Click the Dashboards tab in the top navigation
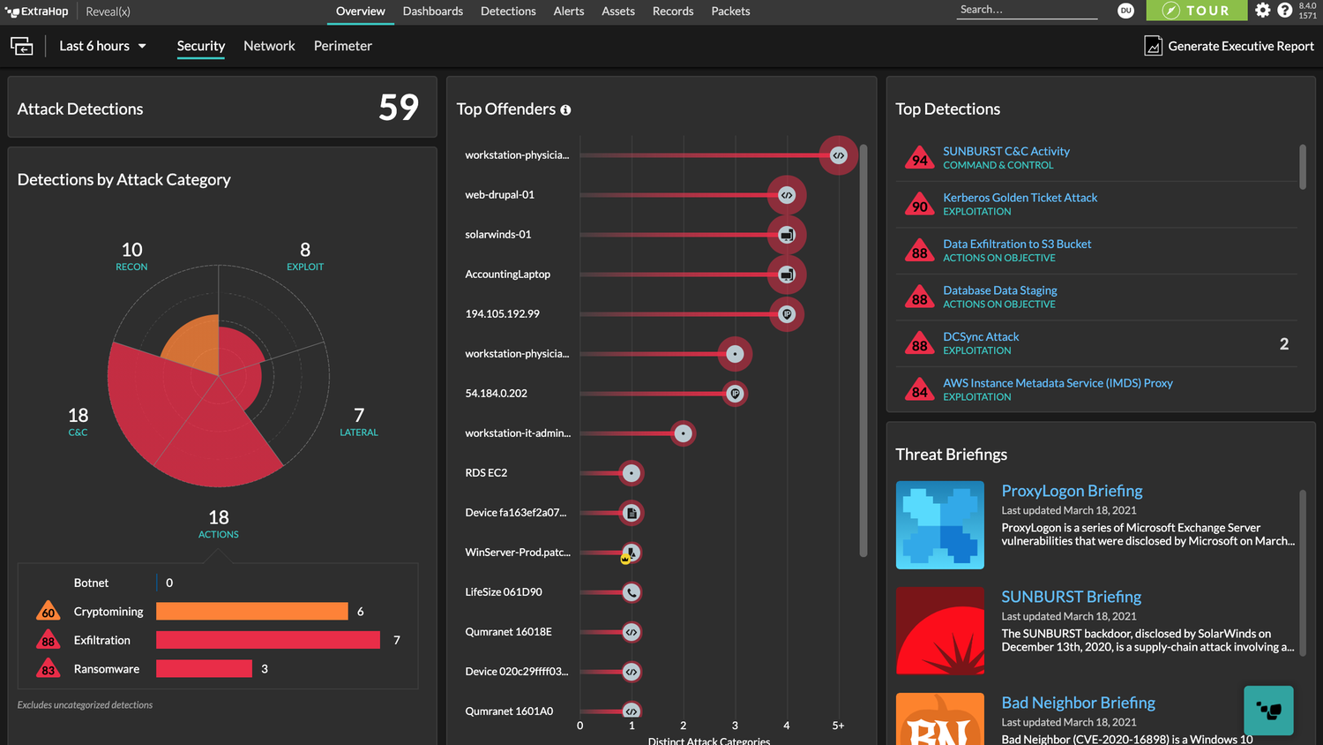[432, 11]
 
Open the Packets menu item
[730, 11]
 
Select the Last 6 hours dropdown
[102, 46]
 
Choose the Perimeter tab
[342, 46]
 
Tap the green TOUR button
[1196, 11]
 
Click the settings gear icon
[1263, 11]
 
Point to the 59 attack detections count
[398, 108]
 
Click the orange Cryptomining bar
[251, 612]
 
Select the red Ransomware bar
[204, 669]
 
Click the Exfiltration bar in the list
[267, 640]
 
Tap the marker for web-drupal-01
[787, 195]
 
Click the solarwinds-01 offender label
[498, 235]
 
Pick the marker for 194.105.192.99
[787, 314]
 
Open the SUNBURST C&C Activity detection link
[1005, 151]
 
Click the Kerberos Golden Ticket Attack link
[1020, 198]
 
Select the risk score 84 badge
[919, 391]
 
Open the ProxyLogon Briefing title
[1072, 491]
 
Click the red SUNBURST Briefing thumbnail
[939, 631]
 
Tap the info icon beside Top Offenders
[565, 110]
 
